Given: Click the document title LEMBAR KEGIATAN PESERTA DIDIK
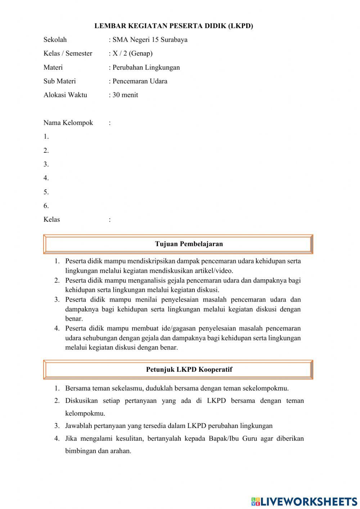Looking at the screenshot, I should tap(174, 26).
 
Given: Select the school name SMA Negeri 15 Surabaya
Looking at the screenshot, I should tap(150, 40).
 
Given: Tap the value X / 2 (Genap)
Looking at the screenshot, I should tap(132, 53).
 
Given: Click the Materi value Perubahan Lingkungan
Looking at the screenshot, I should tap(146, 67).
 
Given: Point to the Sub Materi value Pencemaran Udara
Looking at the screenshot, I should tap(140, 81).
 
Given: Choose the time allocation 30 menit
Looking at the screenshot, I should tap(125, 95).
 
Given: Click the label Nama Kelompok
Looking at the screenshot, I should tap(68, 123).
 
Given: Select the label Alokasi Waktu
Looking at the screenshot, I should tap(65, 95).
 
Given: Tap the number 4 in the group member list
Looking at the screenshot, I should tap(46, 178).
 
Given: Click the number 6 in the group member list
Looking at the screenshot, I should tap(46, 206).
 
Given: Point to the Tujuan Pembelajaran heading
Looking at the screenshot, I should tap(189, 244).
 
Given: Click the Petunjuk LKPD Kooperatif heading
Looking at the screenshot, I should tap(189, 369).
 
